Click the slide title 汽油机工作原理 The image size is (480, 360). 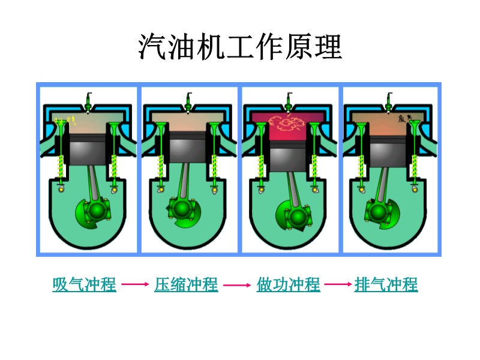click(x=240, y=47)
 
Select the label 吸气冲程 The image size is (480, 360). click(x=84, y=284)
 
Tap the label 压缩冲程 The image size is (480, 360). click(x=186, y=284)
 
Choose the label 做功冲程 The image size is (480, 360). click(x=288, y=284)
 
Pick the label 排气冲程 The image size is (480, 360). click(x=386, y=284)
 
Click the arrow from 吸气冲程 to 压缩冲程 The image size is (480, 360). click(x=135, y=285)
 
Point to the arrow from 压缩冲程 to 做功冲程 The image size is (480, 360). click(x=237, y=285)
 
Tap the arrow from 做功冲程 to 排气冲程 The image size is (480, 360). click(x=337, y=285)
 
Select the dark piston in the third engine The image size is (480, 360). click(x=289, y=158)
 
